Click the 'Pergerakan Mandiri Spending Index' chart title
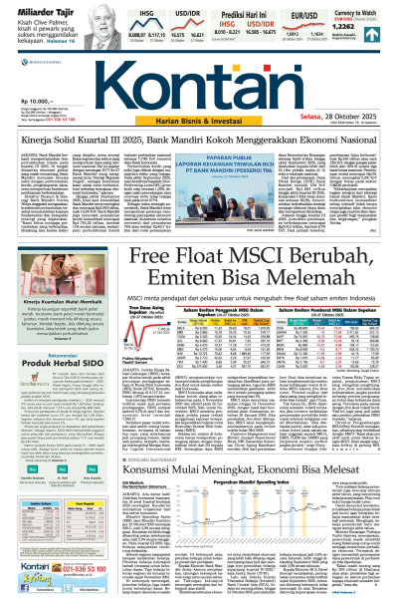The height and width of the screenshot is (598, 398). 243,494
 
